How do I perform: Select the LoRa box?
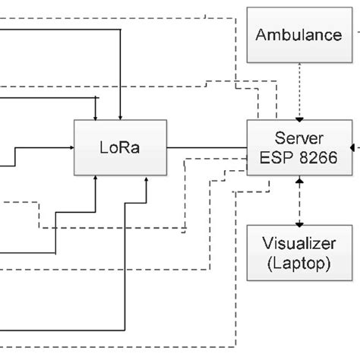click(x=119, y=147)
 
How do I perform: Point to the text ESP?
click(x=274, y=157)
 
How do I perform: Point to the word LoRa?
click(x=119, y=147)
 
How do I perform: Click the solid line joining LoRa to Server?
click(x=207, y=147)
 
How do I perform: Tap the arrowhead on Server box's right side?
click(x=353, y=147)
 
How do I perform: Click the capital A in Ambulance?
click(x=261, y=35)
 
